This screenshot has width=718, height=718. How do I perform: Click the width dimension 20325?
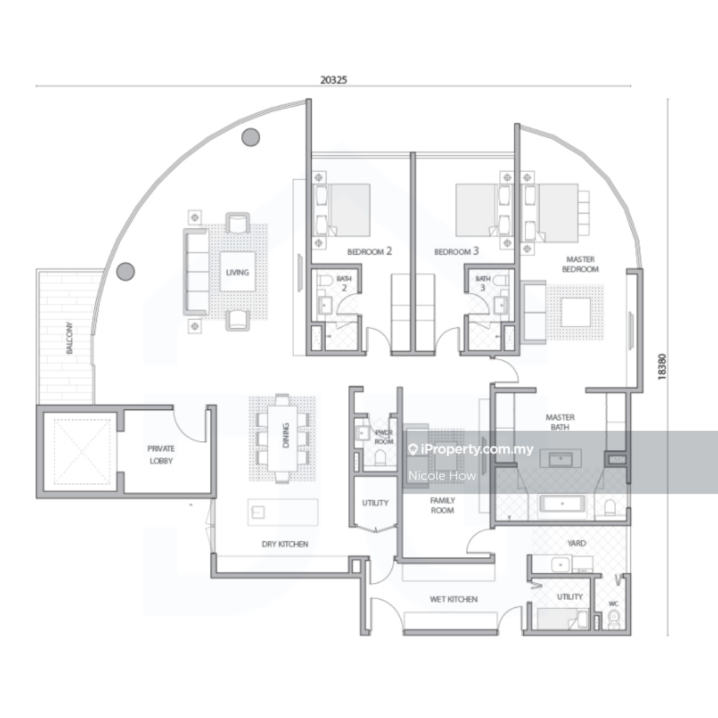(333, 80)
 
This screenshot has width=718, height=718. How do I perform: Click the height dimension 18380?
(661, 367)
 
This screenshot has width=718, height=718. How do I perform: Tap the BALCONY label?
(69, 338)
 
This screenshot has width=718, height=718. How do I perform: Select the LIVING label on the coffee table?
(237, 273)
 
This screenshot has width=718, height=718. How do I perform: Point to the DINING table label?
(286, 435)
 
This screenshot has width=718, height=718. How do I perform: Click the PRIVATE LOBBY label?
(161, 455)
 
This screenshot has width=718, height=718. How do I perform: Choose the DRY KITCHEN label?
(285, 544)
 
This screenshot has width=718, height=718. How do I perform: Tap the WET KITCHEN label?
(453, 599)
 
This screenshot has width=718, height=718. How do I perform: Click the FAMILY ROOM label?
(442, 505)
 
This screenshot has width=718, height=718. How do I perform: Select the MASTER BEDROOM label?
(580, 264)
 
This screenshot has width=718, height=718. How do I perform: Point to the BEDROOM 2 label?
(370, 251)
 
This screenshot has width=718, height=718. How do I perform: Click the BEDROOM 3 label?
(457, 251)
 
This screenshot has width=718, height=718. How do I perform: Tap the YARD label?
(576, 543)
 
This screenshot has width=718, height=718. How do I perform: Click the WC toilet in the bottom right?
(614, 619)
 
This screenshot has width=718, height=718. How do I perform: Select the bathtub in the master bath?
(562, 504)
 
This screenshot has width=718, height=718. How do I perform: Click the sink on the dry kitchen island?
(258, 511)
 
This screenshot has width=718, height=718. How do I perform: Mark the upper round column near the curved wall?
(251, 137)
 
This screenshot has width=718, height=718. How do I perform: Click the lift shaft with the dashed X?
(82, 451)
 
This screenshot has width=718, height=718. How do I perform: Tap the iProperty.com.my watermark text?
(476, 449)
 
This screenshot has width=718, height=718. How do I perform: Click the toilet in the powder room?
(380, 457)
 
